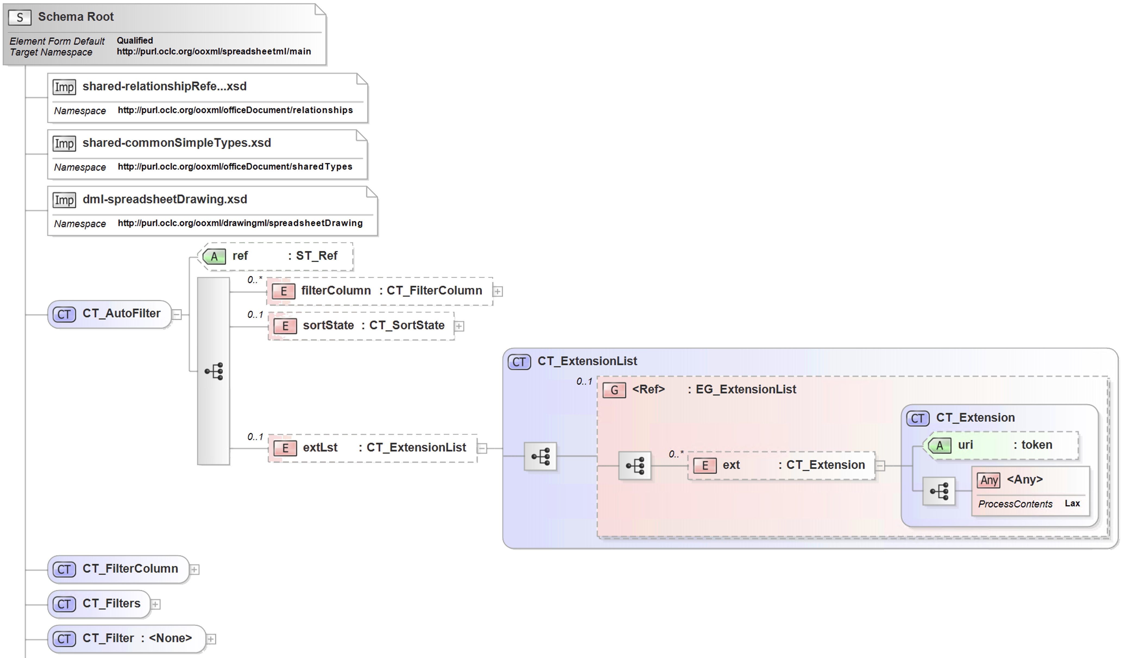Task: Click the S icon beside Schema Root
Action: [20, 18]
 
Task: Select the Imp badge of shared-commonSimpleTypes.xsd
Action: [64, 143]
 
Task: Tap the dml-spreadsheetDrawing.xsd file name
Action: [165, 199]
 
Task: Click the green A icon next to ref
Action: [214, 256]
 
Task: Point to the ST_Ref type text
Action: [317, 255]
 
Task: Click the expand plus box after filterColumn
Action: [498, 292]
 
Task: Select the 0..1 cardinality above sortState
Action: [255, 314]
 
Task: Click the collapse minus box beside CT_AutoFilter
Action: [177, 314]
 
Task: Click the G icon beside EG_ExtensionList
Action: [614, 390]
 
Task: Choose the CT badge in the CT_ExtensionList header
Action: [519, 362]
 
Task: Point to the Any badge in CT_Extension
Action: [989, 480]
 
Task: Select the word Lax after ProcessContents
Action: [1072, 503]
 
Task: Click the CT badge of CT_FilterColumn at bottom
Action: [64, 569]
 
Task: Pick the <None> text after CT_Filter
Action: [170, 638]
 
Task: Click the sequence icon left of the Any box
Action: [939, 491]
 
